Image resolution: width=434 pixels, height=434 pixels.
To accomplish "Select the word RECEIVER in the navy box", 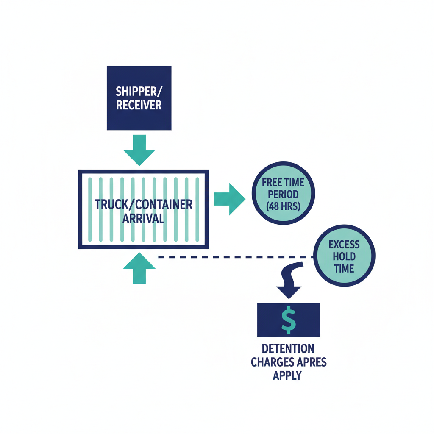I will tap(139, 105).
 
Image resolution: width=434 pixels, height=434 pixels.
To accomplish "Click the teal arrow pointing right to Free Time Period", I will tap(229, 199).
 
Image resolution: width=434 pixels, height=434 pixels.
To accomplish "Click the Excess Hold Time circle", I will tap(344, 256).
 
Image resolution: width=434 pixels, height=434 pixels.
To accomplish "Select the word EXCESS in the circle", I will tap(344, 245).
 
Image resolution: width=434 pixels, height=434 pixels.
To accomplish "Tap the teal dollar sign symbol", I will tap(289, 320).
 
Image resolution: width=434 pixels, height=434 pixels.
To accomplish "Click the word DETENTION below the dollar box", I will tap(288, 349).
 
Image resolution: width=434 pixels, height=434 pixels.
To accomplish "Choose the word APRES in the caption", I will tap(312, 362).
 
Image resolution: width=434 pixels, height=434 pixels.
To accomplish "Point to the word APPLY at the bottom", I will tap(287, 376).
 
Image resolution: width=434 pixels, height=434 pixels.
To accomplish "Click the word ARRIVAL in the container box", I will tap(143, 218).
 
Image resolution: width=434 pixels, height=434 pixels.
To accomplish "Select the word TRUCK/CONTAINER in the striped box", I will tap(143, 204).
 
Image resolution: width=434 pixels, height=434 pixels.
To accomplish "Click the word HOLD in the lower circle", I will tap(344, 256).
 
